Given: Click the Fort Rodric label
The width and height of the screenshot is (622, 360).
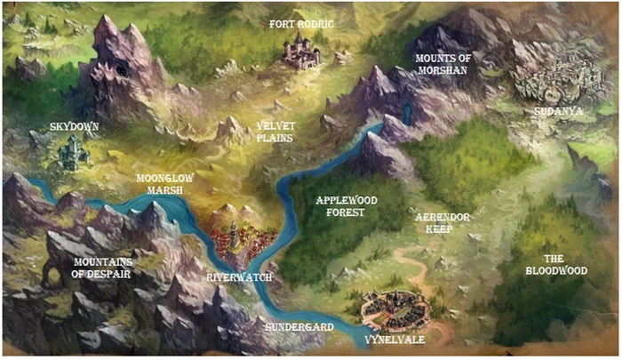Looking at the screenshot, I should tap(302, 24).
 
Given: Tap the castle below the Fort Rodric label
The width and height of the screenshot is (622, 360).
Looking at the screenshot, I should tap(301, 52).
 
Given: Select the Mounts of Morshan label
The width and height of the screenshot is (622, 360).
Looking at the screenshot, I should tap(441, 64).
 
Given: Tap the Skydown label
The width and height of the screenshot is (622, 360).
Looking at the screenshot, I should tap(75, 127).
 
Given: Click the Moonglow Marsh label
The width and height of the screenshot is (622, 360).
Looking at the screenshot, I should tap(164, 184).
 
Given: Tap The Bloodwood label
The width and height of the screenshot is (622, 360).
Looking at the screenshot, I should tap(556, 264).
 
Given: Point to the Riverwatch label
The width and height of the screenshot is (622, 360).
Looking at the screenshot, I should tap(239, 277).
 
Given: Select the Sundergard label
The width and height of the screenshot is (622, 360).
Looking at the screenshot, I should tap(299, 327).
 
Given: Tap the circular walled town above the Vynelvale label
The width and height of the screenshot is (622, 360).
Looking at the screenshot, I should tap(395, 308).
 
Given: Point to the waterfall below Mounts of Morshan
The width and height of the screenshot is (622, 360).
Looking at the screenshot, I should tap(408, 113).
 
